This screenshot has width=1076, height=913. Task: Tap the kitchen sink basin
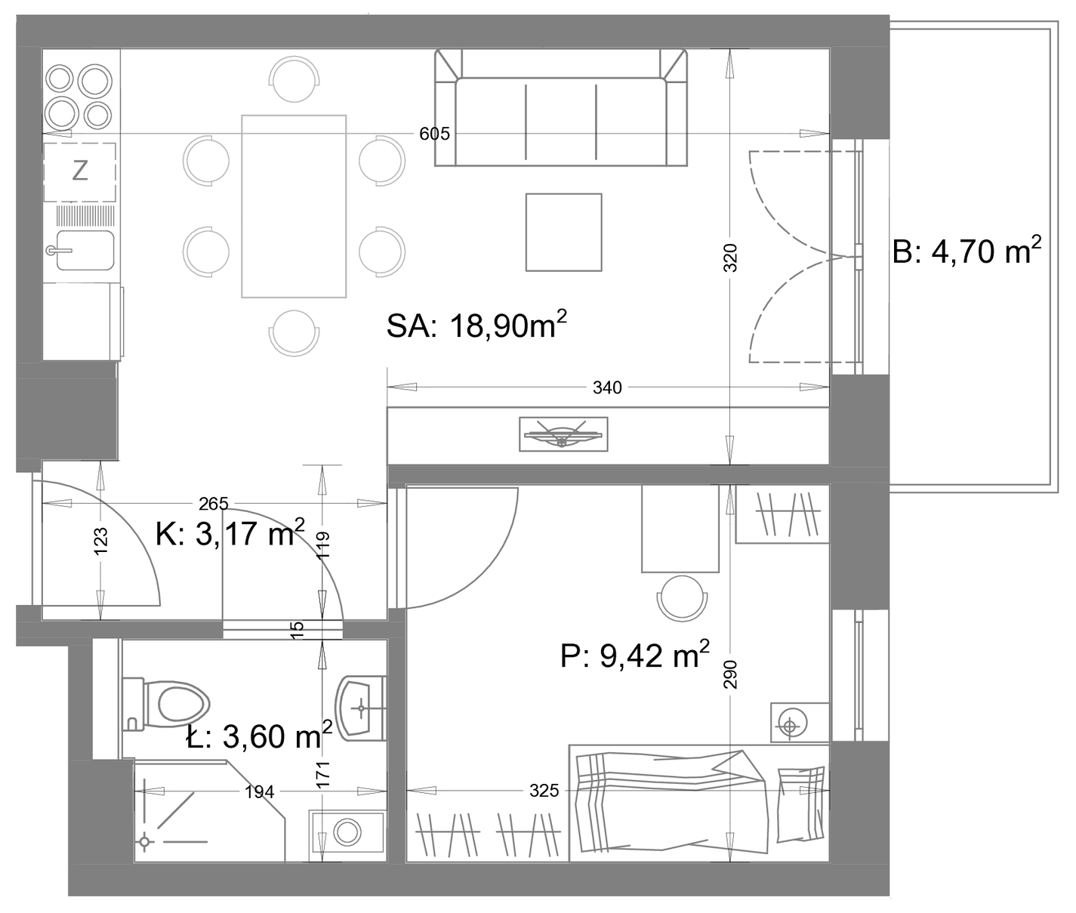(x=85, y=251)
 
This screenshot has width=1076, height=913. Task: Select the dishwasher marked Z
(x=79, y=171)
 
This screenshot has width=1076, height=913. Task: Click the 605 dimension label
(x=434, y=134)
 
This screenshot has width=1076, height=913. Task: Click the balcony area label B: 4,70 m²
(x=967, y=251)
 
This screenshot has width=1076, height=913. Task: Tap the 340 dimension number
(x=607, y=387)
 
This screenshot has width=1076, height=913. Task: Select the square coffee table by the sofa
(x=564, y=232)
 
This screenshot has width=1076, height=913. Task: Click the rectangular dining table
(x=294, y=206)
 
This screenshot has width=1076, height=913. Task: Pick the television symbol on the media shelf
(x=563, y=433)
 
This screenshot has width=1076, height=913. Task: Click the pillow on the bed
(x=801, y=804)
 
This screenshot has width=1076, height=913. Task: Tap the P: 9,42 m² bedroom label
(x=634, y=655)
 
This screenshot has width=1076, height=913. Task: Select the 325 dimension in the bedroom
(x=544, y=791)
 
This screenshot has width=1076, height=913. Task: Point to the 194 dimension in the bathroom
(x=259, y=791)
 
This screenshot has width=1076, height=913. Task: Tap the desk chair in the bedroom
(x=682, y=598)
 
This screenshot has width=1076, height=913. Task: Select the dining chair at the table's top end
(x=294, y=79)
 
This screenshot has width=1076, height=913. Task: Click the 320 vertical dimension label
(x=731, y=258)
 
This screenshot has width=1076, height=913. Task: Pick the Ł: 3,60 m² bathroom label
(x=259, y=736)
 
